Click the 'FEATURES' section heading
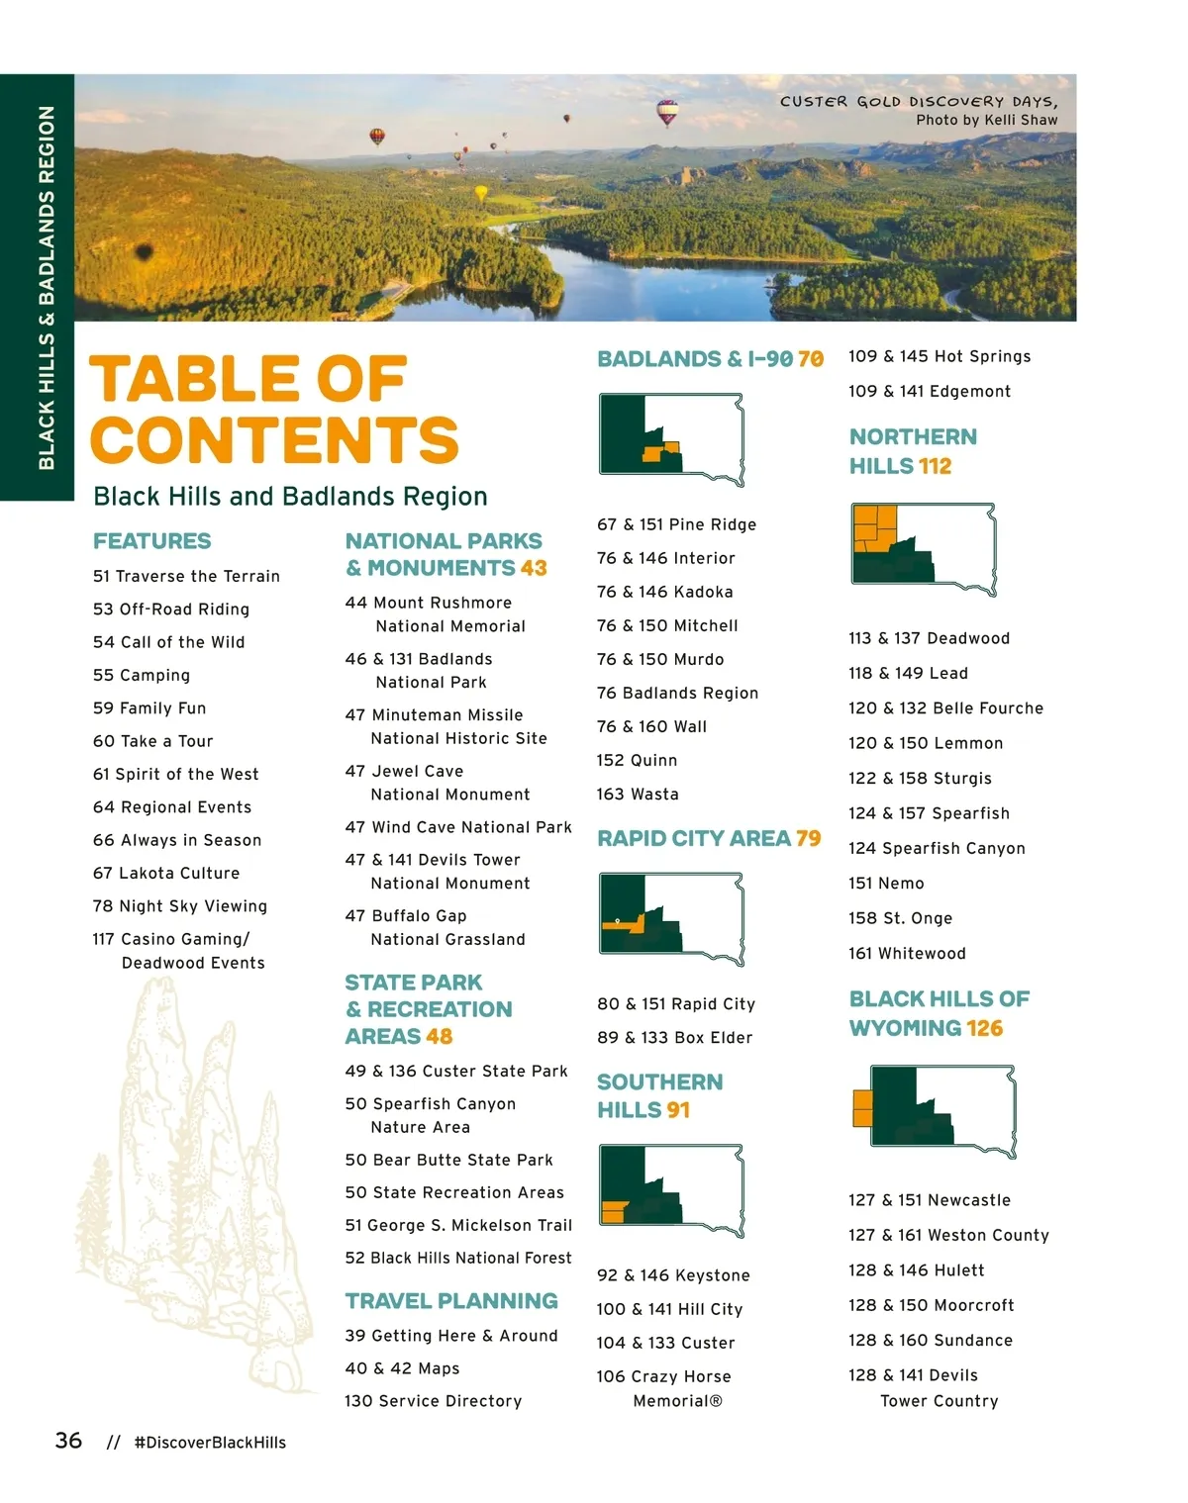[x=151, y=541]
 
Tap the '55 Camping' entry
[x=142, y=676]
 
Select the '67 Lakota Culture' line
[x=166, y=874]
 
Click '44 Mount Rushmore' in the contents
[x=429, y=603]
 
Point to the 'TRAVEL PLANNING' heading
[x=451, y=1301]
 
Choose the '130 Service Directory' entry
[x=433, y=1401]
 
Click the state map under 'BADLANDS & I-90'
[x=671, y=439]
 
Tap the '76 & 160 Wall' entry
[x=651, y=727]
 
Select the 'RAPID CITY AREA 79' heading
[x=709, y=839]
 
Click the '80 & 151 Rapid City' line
[x=676, y=1004]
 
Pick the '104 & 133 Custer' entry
[x=665, y=1344]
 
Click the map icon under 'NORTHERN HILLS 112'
[x=923, y=548]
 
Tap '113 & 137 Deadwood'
[x=929, y=639]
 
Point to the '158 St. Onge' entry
[x=900, y=919]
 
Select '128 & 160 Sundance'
[x=930, y=1341]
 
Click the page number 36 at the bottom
[x=68, y=1441]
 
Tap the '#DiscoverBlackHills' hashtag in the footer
[x=210, y=1443]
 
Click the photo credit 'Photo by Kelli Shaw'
[x=986, y=120]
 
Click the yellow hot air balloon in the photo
[x=481, y=193]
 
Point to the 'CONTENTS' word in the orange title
[x=274, y=440]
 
